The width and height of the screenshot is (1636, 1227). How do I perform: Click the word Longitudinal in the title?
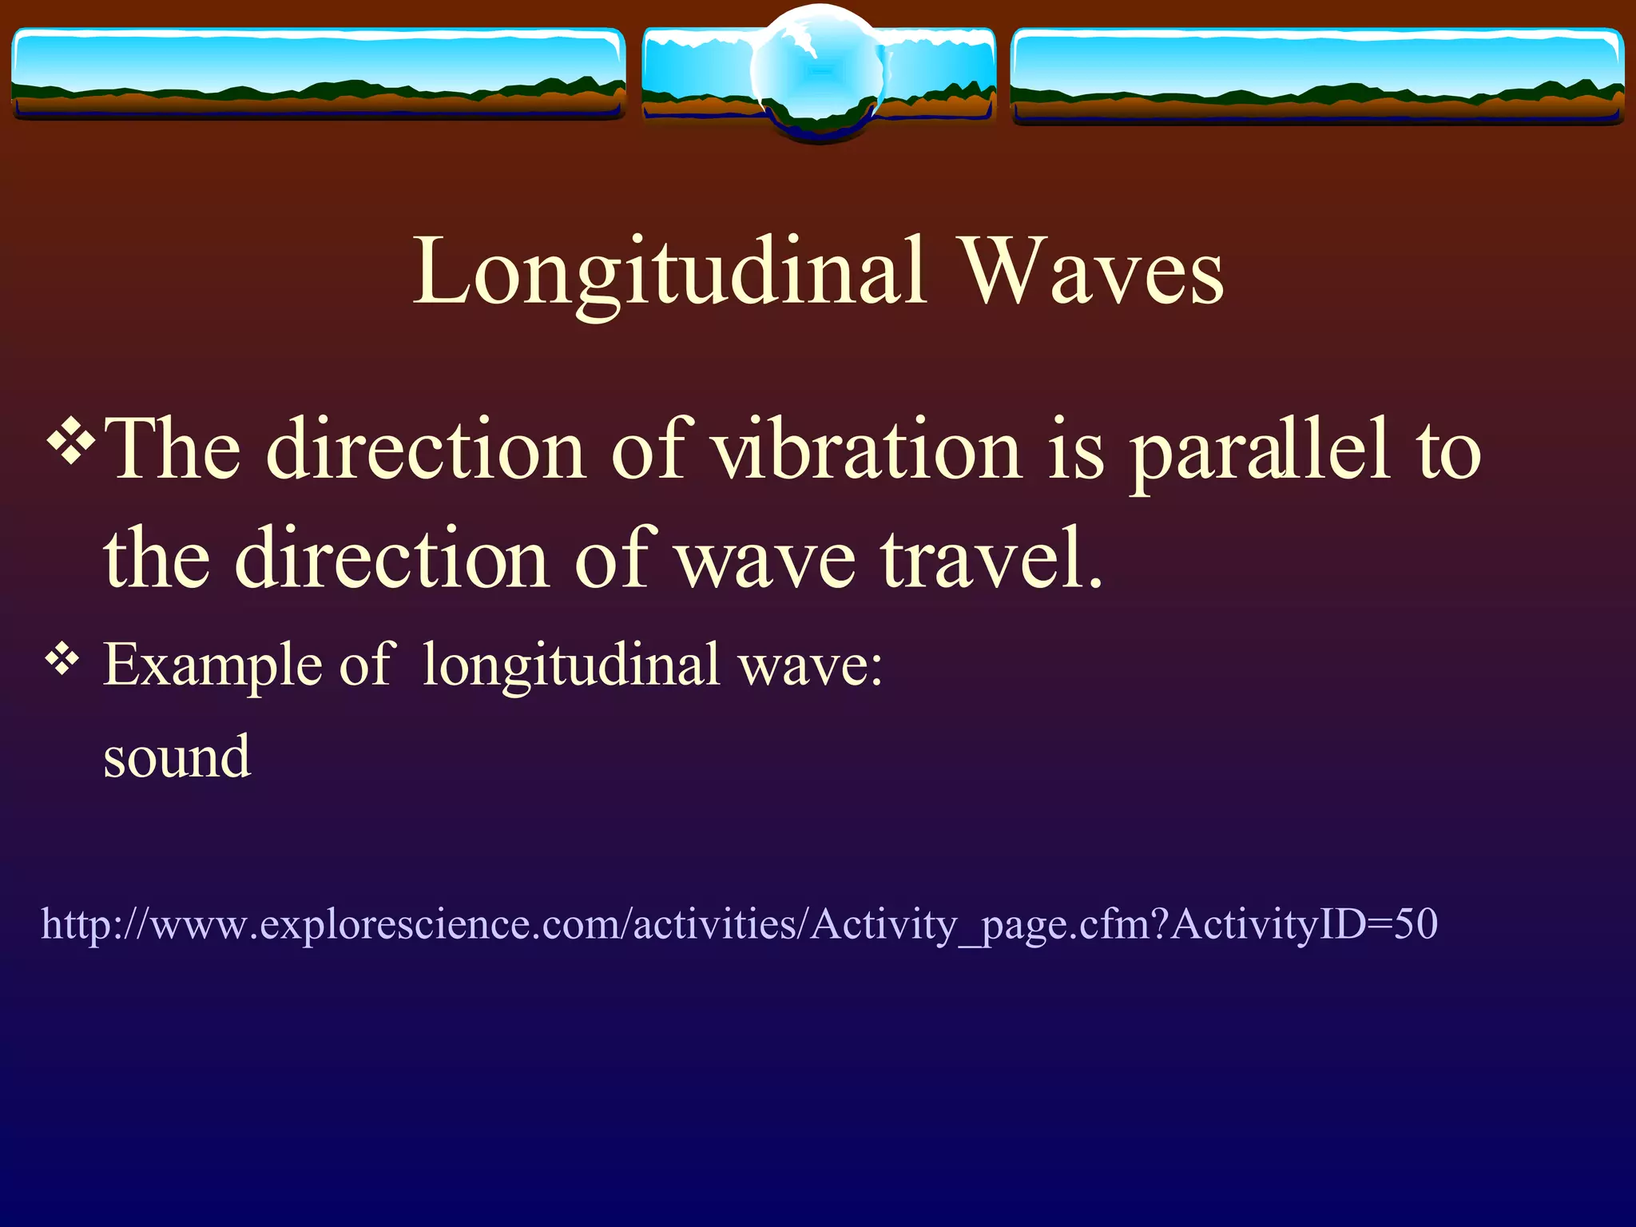[x=669, y=273]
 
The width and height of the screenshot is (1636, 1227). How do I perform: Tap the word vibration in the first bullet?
[x=866, y=450]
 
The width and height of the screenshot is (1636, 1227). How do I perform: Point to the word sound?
[x=177, y=756]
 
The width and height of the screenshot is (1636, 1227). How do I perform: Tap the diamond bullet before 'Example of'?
[x=62, y=660]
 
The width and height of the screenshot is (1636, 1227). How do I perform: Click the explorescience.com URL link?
[x=739, y=924]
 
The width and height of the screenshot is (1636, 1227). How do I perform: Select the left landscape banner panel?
[x=318, y=73]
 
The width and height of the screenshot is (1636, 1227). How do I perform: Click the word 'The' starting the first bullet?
[x=172, y=450]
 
